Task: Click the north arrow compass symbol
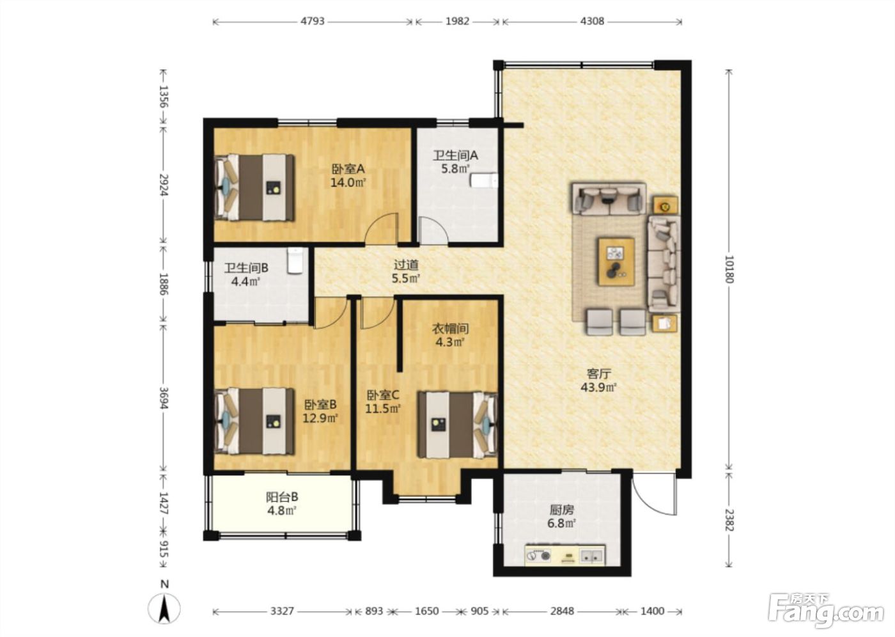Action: [x=164, y=608]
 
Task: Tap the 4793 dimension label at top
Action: [x=313, y=21]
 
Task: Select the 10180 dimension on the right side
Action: [x=729, y=269]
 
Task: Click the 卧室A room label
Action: [x=348, y=169]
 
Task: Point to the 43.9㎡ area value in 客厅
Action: [x=598, y=387]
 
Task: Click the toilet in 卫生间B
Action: [x=295, y=261]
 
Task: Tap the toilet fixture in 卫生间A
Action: [x=484, y=180]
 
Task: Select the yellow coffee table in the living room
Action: [x=616, y=262]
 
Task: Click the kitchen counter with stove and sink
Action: [x=565, y=555]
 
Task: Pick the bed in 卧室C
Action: [x=458, y=425]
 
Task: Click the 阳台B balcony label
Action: [x=282, y=497]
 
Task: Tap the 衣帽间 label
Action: [x=450, y=329]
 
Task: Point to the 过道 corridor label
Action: [x=407, y=265]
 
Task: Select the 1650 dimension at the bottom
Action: [x=427, y=611]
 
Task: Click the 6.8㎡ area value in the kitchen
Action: [x=562, y=523]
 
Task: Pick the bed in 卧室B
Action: [x=254, y=421]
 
